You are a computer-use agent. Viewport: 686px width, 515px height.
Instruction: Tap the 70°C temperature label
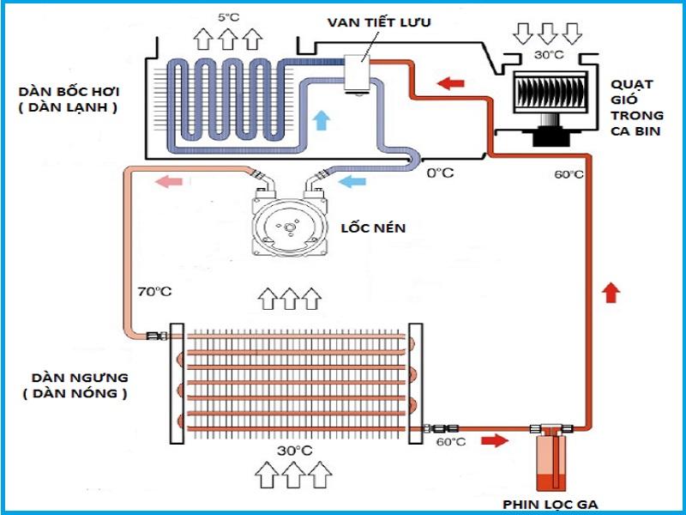click(153, 292)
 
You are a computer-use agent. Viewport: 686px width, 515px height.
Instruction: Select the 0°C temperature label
click(440, 173)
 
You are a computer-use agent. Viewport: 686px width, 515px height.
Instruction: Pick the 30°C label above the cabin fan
click(549, 55)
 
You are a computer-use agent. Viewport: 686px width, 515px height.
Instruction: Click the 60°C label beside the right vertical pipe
click(569, 174)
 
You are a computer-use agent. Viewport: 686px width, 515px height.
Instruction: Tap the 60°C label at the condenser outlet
click(451, 442)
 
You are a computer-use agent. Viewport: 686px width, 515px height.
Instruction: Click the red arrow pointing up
click(610, 293)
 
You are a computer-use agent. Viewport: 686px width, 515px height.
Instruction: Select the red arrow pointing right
click(495, 441)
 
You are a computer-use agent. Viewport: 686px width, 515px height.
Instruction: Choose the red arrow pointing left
click(450, 83)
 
